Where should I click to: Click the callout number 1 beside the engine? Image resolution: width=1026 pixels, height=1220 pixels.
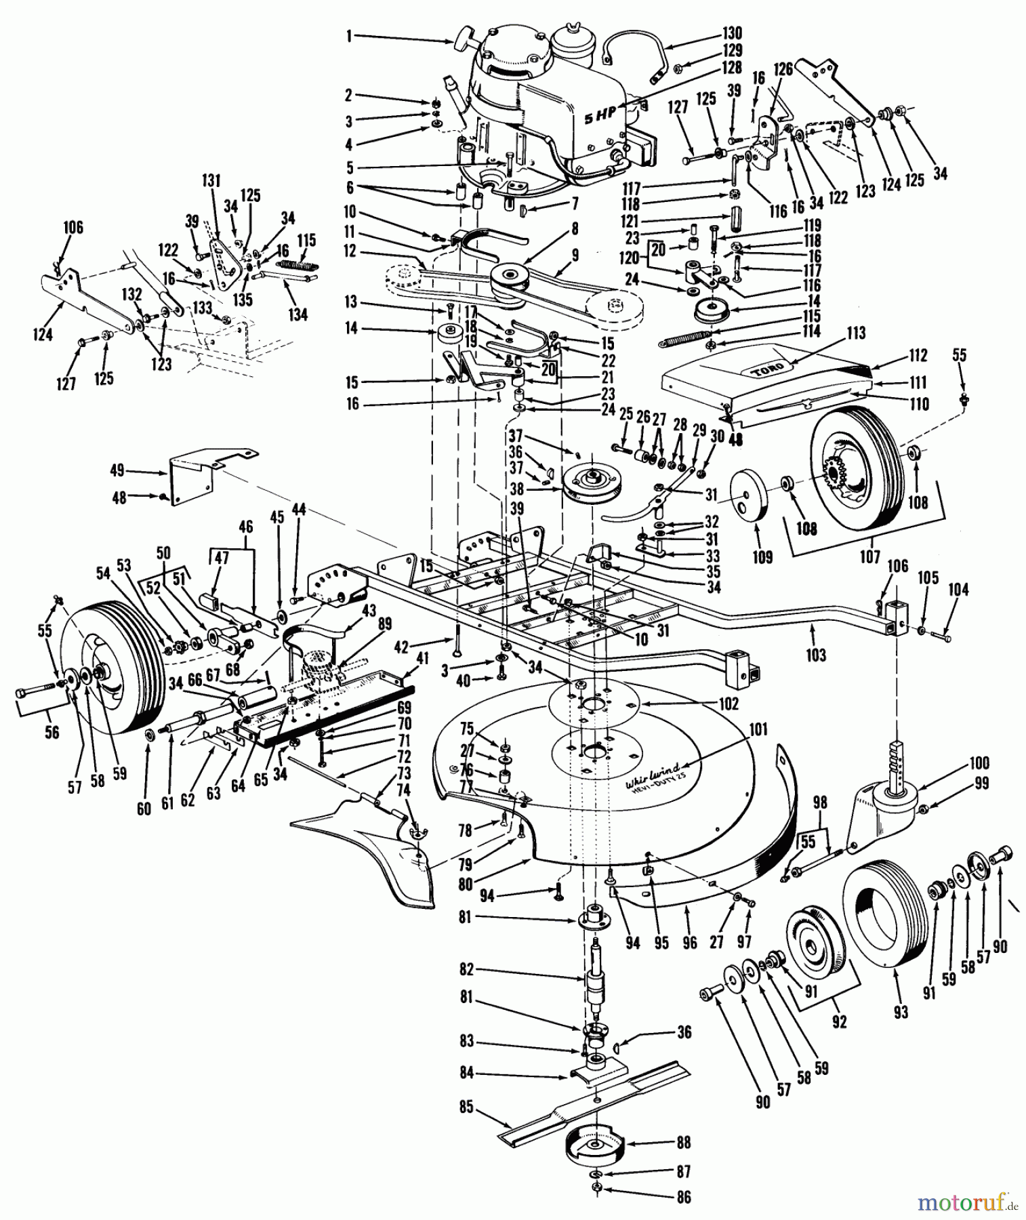[349, 38]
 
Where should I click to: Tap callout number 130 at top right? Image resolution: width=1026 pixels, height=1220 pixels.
[731, 33]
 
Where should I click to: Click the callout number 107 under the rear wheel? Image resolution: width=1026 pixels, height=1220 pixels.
[869, 558]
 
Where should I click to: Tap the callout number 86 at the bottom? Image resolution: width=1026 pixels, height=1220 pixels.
[684, 1197]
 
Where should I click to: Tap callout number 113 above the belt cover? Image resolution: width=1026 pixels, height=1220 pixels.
[855, 333]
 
